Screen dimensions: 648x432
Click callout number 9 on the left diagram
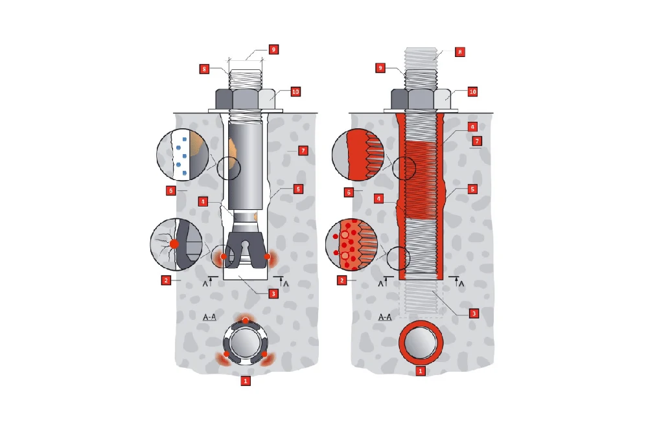273,50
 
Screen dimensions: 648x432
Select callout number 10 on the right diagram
472,92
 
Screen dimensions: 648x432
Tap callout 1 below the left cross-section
246,381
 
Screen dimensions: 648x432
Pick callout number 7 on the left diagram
303,151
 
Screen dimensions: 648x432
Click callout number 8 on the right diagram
459,52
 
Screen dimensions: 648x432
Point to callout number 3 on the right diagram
474,313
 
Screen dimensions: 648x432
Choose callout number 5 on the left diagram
298,189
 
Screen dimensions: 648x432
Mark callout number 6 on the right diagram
349,192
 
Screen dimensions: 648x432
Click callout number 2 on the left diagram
166,280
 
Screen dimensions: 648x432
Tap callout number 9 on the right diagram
380,68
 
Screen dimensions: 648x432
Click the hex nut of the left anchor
245,98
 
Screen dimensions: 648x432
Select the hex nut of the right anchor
421,98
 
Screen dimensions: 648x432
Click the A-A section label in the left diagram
209,317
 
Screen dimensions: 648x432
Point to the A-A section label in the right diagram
385,317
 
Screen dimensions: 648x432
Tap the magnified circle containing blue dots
182,154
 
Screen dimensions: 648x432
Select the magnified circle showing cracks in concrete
176,244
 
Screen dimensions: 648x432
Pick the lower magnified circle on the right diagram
352,244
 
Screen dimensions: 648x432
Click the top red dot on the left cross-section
246,321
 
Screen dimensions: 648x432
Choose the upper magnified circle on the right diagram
358,154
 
